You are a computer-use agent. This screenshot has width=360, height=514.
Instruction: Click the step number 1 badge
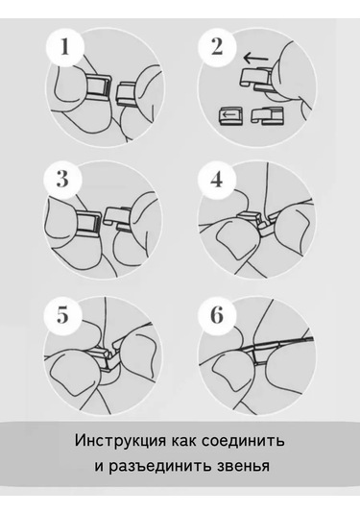[65, 47]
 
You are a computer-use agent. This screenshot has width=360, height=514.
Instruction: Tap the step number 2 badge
[217, 47]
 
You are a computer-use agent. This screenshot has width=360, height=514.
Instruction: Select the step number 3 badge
[62, 179]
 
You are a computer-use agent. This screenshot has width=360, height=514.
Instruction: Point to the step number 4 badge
[217, 179]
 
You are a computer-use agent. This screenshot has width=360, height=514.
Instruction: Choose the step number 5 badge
[62, 315]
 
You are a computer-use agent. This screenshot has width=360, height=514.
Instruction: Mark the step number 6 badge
[217, 315]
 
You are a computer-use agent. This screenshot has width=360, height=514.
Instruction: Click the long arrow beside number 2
[255, 59]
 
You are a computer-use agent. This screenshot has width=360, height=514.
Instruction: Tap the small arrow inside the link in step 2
[228, 115]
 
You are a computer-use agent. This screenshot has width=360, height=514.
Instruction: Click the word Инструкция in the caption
[120, 441]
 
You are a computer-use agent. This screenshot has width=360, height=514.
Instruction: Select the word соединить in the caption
[243, 441]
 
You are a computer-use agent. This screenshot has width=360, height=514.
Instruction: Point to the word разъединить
[161, 466]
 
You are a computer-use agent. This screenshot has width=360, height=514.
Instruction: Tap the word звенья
[244, 466]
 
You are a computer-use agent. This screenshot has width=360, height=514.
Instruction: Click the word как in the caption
[183, 441]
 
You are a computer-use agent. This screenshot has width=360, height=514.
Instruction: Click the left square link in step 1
[99, 87]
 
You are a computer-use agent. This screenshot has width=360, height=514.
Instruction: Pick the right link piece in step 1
[125, 95]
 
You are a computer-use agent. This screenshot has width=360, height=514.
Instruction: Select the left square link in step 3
[88, 225]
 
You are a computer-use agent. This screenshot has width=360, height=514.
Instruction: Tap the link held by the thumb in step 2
[256, 79]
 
